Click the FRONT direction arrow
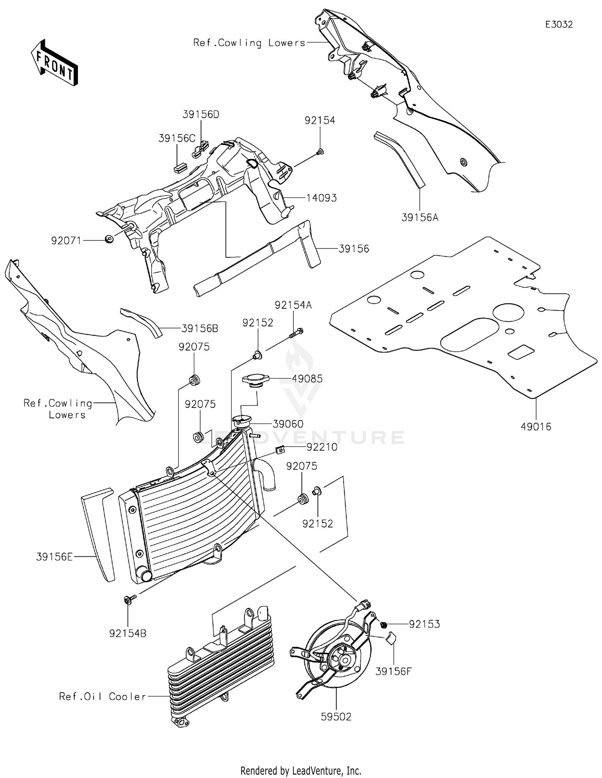coord(54,63)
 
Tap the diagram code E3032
coord(559,24)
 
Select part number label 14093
coord(321,198)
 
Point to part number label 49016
coord(536,427)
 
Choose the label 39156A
coord(420,218)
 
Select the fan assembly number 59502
coord(336,717)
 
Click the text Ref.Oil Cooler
coord(102,697)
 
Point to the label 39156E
coord(54,557)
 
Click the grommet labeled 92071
coord(109,239)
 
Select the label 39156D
coord(201,114)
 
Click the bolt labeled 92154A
coord(295,332)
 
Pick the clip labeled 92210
coord(281,450)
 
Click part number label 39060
coord(288,424)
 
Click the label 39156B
coord(200,328)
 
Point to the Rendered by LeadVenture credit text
coord(301,770)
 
